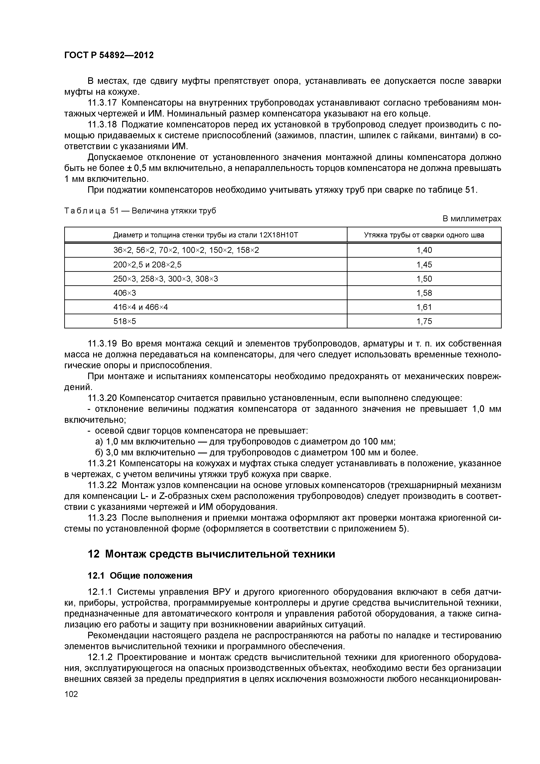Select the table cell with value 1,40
pyautogui.click(x=424, y=250)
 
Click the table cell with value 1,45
pyautogui.click(x=424, y=265)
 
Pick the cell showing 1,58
pyautogui.click(x=424, y=293)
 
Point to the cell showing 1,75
pyautogui.click(x=424, y=321)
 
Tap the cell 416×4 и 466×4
pyautogui.click(x=140, y=307)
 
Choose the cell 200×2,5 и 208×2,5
pyautogui.click(x=147, y=265)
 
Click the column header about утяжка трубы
pyautogui.click(x=424, y=235)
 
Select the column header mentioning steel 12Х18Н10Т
pyautogui.click(x=206, y=235)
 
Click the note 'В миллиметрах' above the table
pyautogui.click(x=471, y=219)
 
